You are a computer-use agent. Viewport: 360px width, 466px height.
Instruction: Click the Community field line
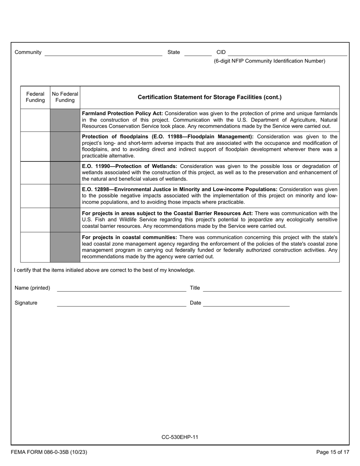[103, 53]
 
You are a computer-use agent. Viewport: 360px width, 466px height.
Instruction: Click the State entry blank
[197, 53]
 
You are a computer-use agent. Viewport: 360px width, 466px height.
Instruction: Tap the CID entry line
[287, 53]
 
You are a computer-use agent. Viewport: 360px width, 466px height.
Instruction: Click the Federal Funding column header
[35, 97]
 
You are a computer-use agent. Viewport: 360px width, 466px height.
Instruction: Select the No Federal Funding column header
[65, 97]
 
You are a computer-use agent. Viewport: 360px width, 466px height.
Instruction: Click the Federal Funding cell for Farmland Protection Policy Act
[35, 120]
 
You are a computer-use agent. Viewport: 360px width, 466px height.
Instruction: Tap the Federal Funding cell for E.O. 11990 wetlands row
[35, 173]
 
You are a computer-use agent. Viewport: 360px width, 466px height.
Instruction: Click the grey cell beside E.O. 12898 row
[65, 196]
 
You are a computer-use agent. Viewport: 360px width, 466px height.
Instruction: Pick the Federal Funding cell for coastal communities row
[35, 247]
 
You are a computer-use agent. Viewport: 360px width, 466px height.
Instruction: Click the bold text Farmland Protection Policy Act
[122, 113]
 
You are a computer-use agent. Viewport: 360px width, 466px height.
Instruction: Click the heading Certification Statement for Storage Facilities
[210, 97]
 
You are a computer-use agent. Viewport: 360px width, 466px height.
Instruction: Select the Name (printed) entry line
[121, 288]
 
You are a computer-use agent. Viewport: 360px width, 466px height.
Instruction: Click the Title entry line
[272, 288]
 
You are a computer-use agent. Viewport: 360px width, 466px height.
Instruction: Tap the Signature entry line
[121, 303]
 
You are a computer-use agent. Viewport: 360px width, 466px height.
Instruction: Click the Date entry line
[246, 303]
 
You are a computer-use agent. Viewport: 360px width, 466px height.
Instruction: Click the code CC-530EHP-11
[180, 437]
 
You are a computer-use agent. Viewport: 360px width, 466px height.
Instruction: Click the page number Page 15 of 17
[333, 452]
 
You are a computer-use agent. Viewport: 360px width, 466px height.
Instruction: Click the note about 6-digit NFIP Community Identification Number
[269, 61]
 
